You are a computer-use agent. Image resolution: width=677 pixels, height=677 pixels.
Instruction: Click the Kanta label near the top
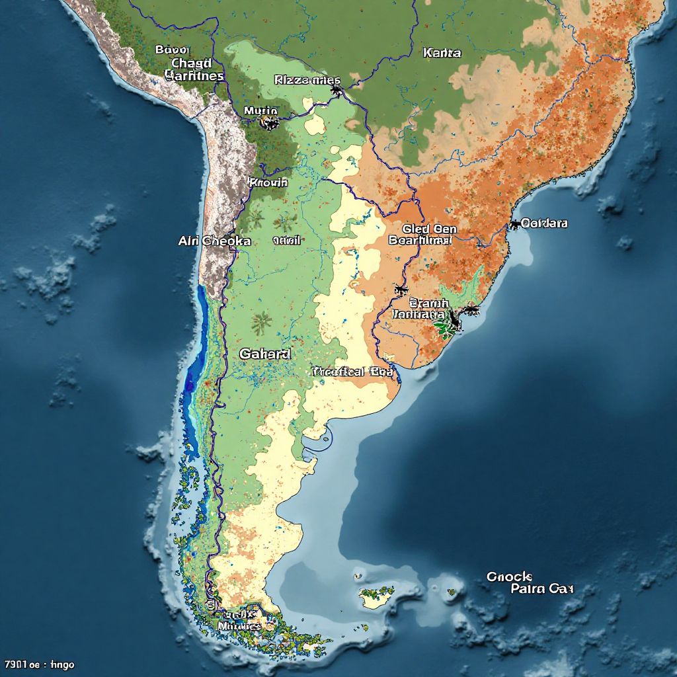point(442,52)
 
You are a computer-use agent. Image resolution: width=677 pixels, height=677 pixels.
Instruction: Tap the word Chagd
point(191,63)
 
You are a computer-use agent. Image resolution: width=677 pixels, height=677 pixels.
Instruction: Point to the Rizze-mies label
point(302,80)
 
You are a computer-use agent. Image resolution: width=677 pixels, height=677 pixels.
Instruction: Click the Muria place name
point(260,110)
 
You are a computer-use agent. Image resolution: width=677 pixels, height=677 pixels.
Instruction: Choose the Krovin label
point(268,181)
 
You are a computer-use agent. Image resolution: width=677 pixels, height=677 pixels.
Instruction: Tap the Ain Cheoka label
point(214,241)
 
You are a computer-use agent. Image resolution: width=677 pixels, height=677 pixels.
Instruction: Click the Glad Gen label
point(429,229)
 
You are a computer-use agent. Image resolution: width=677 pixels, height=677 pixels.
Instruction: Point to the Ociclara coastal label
point(544,223)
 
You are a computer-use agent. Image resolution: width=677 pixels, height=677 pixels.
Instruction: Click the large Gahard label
point(264,354)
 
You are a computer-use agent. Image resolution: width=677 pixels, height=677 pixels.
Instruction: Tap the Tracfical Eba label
point(352,372)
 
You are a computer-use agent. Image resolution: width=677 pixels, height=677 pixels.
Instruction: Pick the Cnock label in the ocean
point(509,577)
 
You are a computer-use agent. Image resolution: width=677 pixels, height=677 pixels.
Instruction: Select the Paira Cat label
point(542,588)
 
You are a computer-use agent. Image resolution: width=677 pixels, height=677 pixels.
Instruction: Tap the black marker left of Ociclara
point(514,225)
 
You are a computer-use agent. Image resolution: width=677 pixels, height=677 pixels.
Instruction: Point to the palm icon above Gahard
point(262,323)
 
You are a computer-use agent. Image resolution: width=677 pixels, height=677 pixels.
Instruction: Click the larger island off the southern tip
point(377,596)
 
